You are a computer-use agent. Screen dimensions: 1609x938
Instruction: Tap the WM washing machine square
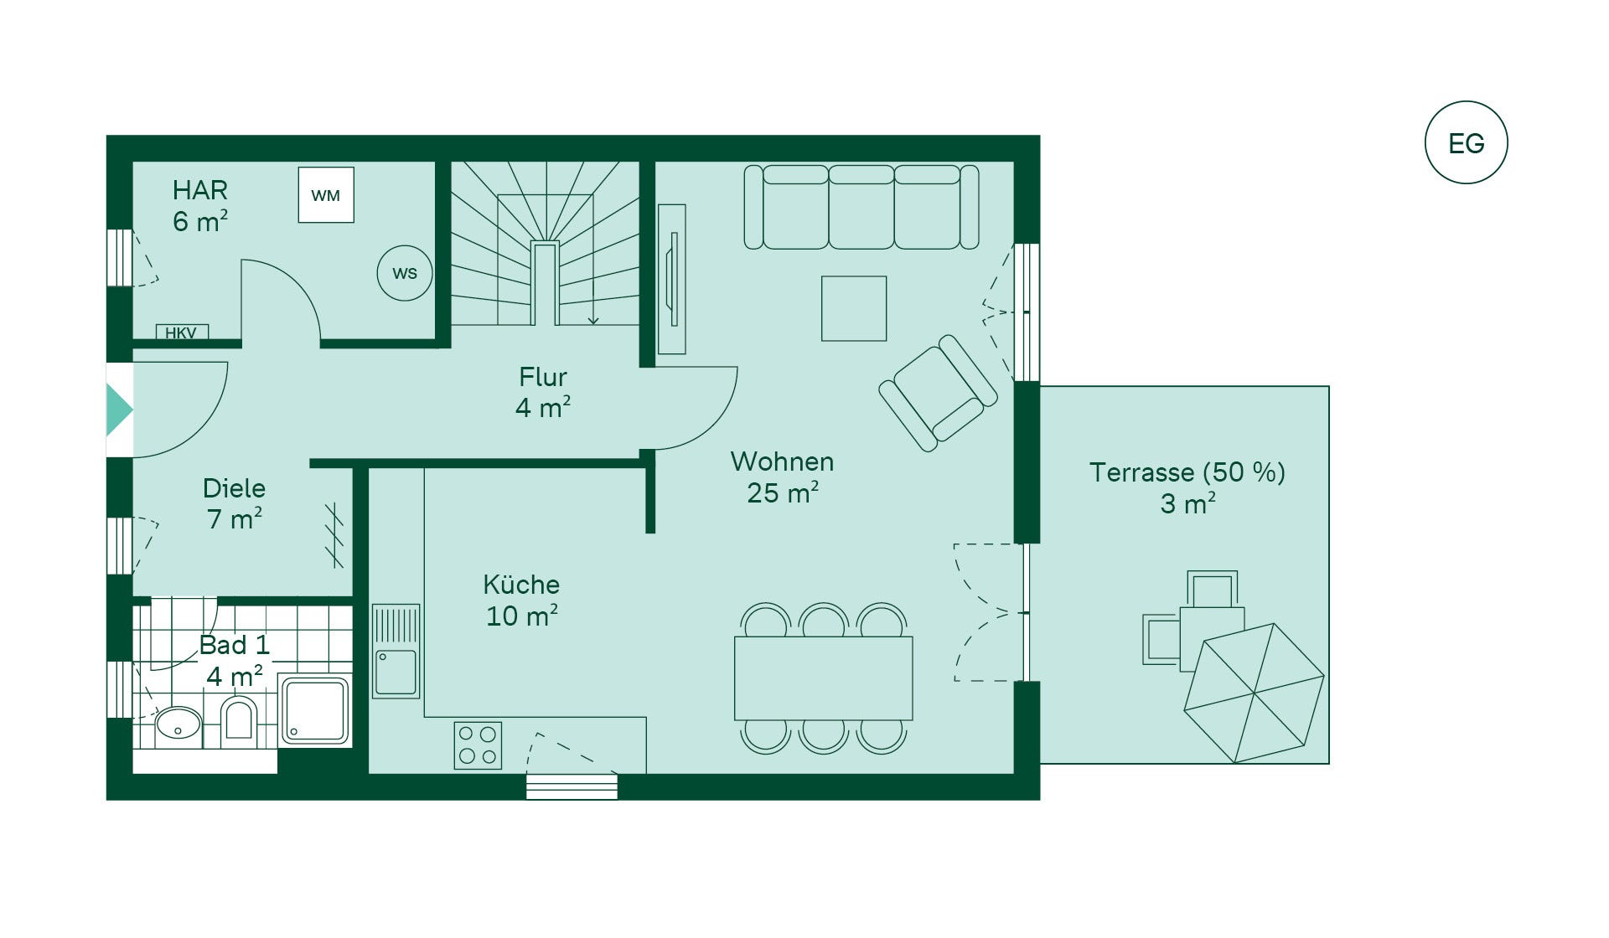[326, 195]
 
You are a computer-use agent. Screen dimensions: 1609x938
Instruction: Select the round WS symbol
[405, 273]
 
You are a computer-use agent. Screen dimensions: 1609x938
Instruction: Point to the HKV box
[182, 332]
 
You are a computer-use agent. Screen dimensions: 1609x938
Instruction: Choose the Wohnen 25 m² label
[782, 477]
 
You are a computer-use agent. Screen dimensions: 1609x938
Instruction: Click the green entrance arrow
[120, 410]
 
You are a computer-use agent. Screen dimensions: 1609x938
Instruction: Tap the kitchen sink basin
[396, 673]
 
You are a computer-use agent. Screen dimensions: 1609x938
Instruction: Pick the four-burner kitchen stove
[478, 745]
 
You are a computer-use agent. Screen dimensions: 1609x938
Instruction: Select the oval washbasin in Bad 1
[178, 724]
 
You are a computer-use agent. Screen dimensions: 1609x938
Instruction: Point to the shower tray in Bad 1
[314, 710]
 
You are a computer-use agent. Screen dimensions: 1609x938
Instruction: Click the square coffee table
[854, 308]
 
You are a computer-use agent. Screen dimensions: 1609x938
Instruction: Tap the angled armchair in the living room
[938, 394]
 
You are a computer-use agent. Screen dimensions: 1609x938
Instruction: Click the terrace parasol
[1254, 693]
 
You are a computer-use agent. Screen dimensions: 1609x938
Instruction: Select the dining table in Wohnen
[823, 678]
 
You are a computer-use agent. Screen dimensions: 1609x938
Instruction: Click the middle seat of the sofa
[861, 207]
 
